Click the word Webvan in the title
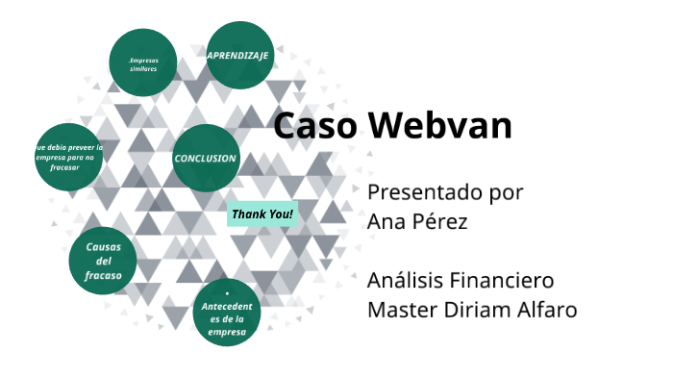[441, 126]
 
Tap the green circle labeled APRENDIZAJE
[239, 56]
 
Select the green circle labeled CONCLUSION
[206, 158]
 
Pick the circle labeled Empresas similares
[143, 63]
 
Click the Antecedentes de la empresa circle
[227, 313]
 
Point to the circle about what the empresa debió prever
[68, 157]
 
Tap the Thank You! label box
[262, 214]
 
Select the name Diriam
[481, 311]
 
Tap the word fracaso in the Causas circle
[103, 276]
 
